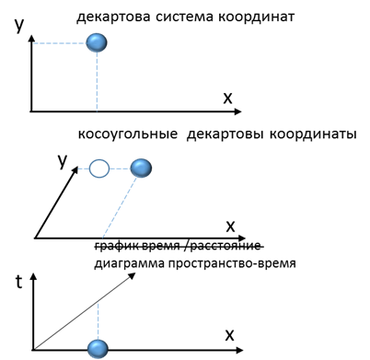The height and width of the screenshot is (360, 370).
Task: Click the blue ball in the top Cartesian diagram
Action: click(x=97, y=42)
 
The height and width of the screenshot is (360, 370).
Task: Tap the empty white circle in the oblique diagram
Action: click(x=98, y=168)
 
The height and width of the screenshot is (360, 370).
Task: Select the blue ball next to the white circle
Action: click(x=140, y=168)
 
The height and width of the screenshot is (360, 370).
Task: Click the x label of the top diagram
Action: click(x=226, y=98)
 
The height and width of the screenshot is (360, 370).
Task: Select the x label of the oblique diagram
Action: click(x=230, y=225)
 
